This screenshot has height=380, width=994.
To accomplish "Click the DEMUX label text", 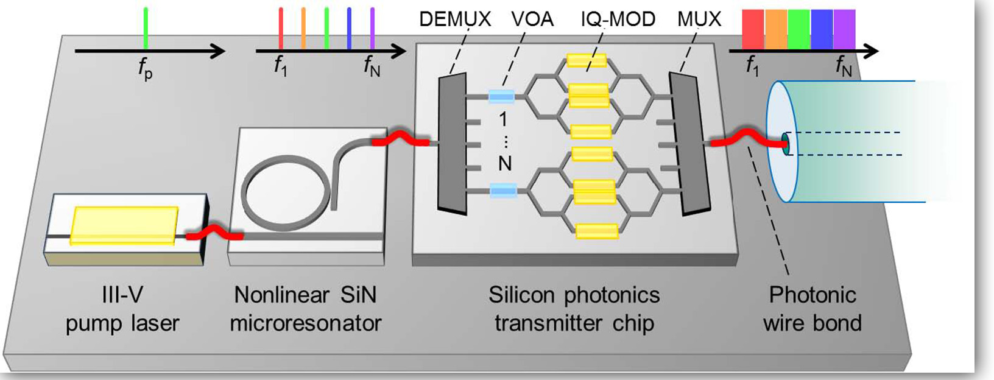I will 454,19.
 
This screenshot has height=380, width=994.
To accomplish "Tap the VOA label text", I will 532,19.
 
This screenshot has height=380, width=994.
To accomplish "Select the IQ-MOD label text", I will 618,19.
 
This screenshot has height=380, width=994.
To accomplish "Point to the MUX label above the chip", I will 699,19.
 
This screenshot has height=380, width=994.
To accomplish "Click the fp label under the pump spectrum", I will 145,69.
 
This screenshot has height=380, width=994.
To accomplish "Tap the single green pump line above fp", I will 145,27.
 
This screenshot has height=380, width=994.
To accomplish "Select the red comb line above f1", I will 280,28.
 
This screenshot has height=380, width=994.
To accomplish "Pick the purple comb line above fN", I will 372,28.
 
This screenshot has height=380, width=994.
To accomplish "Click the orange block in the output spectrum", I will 776,29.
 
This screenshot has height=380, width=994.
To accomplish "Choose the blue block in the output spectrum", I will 822,29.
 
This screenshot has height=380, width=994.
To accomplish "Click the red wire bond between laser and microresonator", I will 214,233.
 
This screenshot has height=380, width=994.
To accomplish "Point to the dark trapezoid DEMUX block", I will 452,144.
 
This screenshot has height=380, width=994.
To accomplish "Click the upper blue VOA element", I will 502,96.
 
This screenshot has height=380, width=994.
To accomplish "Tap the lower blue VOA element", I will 504,192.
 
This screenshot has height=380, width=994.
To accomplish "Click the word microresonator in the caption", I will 306,323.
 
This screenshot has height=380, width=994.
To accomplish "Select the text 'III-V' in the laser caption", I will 122,295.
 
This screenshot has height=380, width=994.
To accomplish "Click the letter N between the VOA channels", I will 504,164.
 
